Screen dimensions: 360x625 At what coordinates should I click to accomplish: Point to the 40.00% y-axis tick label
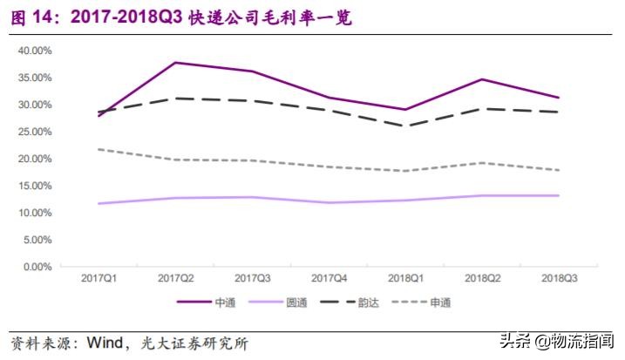pos(36,51)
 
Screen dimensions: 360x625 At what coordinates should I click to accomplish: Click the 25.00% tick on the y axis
pos(36,132)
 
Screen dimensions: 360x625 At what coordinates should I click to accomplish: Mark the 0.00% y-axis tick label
pos(38,267)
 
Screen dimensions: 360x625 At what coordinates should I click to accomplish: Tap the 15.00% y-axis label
pos(36,186)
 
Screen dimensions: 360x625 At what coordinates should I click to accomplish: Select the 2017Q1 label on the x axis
pos(99,278)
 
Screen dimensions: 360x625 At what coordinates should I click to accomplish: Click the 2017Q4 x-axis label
pos(329,278)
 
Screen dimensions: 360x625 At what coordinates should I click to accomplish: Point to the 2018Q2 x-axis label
pos(482,278)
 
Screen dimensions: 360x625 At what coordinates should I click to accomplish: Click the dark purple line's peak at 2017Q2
pos(176,63)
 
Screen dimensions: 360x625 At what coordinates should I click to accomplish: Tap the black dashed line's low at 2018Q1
pos(405,126)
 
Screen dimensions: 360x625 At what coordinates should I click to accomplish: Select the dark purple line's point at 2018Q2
pos(482,79)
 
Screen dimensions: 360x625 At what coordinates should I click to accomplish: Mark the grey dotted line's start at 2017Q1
pos(99,149)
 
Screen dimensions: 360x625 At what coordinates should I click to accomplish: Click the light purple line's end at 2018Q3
pos(559,195)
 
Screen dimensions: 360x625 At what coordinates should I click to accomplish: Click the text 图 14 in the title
pos(31,17)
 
